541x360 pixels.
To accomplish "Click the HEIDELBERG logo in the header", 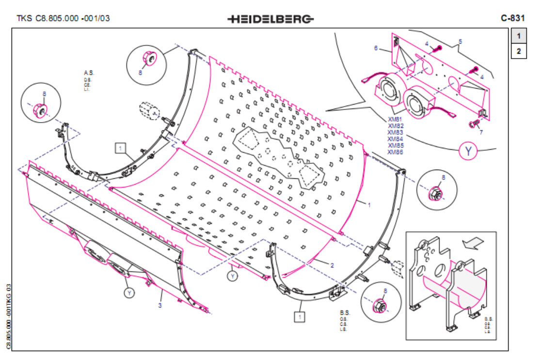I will click(270, 19).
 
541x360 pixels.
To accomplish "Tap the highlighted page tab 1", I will click(518, 36).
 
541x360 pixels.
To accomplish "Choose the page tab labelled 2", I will click(518, 51).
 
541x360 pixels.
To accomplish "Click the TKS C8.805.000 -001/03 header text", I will click(63, 19).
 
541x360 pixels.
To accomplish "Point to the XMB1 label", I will click(395, 119).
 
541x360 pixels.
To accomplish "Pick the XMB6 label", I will click(395, 152).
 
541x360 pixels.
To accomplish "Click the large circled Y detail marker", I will click(468, 151).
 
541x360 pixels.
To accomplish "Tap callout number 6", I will click(375, 48).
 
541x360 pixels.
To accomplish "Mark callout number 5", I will click(460, 41).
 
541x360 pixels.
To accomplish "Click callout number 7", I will click(481, 131).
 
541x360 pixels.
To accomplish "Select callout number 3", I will click(160, 305).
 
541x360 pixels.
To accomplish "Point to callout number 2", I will click(332, 265).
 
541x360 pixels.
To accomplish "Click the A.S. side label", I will click(88, 73).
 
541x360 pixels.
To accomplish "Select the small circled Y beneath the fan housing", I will click(129, 293).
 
